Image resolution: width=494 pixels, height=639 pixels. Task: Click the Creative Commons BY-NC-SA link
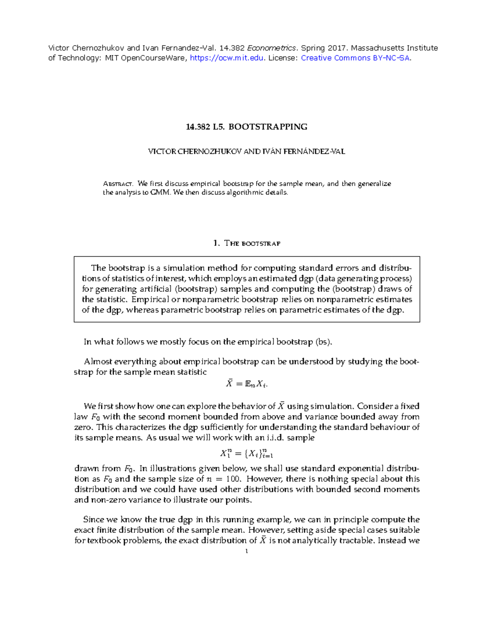pos(355,58)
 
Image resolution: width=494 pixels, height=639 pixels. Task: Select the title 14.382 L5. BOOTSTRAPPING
pos(247,127)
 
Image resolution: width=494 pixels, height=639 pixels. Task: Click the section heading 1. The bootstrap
pos(247,243)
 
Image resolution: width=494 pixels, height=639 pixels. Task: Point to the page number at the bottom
pos(246,551)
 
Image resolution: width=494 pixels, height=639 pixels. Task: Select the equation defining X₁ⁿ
pos(247,454)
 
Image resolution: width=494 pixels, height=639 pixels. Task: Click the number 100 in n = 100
pos(234,479)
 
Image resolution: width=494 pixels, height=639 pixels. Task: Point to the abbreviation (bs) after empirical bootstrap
pos(324,342)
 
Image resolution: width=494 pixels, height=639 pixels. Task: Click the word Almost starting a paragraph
pos(98,362)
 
